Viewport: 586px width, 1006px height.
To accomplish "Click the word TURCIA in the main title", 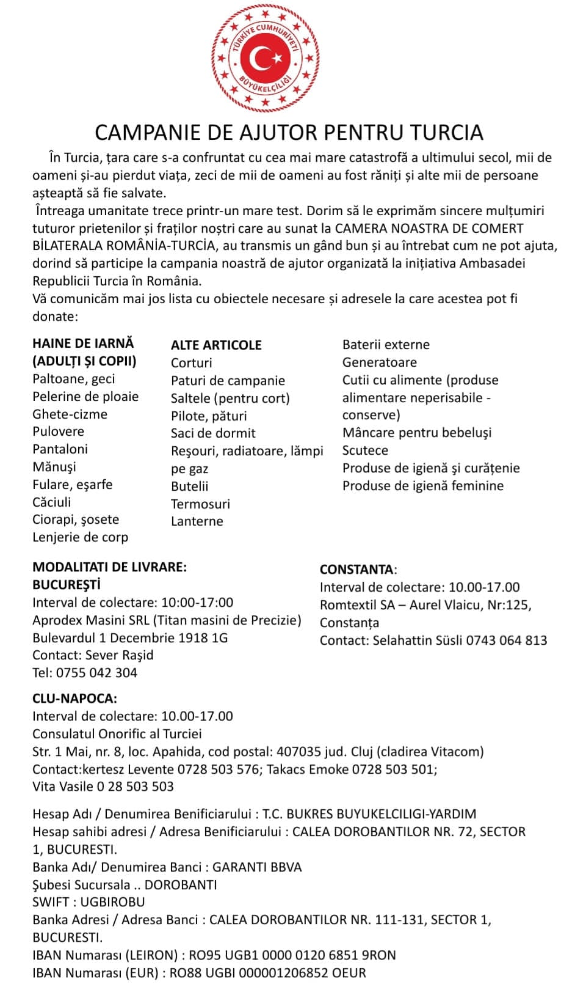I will point(446,132).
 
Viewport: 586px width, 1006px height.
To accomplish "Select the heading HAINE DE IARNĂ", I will point(83,343).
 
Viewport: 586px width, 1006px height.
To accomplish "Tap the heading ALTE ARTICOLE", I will point(216,345).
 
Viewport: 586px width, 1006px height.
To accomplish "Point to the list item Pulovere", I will point(58,431).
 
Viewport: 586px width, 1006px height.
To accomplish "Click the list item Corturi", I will point(192,363).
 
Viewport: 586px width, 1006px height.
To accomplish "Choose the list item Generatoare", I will point(380,362).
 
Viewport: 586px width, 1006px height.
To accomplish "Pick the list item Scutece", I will point(365,450).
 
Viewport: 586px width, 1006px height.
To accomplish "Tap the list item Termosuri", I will point(201,504).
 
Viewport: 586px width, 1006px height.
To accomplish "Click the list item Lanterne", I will point(197,521).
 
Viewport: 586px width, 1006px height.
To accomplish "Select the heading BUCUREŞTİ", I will point(67,585).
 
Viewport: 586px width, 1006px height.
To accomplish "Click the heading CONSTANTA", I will point(357,570).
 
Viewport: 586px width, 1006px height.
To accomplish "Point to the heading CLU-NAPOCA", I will point(74,699).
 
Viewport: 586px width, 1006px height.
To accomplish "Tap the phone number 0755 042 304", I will point(96,673).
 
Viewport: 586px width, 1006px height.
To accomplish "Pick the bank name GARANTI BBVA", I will point(257,867).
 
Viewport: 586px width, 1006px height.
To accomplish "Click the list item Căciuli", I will point(52,502).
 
